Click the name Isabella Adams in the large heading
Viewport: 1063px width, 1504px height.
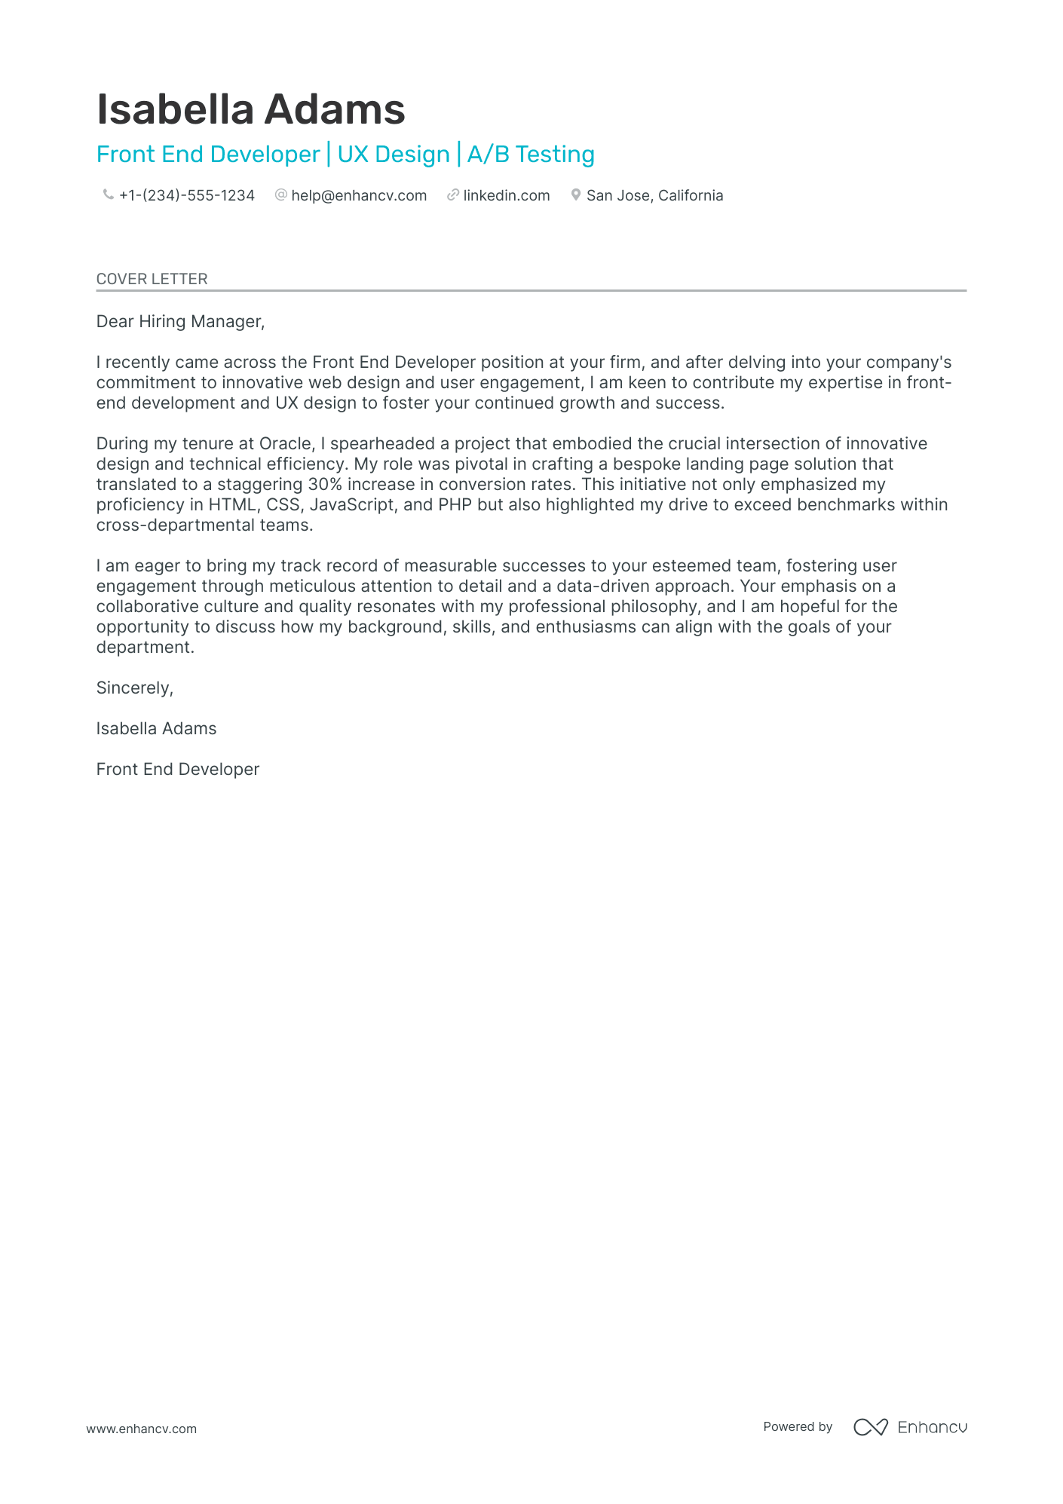point(250,110)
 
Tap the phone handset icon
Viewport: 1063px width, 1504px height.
point(108,195)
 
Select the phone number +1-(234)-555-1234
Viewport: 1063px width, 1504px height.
point(187,195)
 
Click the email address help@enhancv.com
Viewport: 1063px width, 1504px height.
point(359,195)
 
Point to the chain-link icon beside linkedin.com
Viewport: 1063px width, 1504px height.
point(452,195)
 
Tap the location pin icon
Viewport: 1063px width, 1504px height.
point(576,195)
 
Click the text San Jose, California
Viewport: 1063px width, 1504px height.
point(654,195)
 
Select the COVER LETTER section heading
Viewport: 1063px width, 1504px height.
point(152,279)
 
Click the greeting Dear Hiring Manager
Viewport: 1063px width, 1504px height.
point(180,322)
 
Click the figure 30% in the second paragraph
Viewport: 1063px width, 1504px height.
point(325,484)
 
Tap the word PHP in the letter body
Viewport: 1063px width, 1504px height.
point(455,504)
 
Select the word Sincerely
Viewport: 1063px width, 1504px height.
point(134,688)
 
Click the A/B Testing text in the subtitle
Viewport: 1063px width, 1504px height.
point(531,155)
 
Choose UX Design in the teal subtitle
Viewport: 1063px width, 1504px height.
point(394,155)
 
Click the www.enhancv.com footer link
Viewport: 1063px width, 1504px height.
point(141,1429)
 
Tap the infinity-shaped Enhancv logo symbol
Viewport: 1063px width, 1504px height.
point(870,1427)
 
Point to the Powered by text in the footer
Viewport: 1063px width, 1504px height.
point(798,1427)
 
